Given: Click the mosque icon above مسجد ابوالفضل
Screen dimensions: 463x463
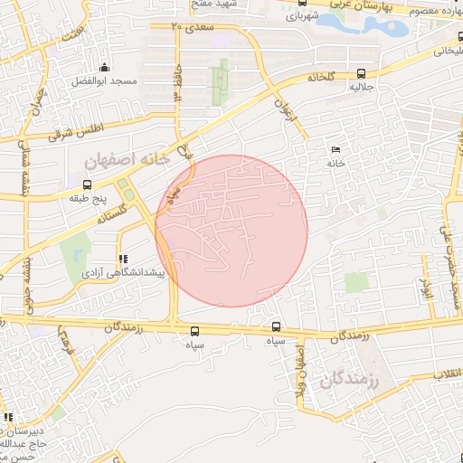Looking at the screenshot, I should [106, 67].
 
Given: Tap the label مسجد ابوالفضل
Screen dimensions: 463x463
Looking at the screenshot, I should [107, 81].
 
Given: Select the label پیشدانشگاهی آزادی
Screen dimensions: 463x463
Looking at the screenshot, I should [122, 271].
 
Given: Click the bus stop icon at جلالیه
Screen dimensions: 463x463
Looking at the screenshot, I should [362, 74].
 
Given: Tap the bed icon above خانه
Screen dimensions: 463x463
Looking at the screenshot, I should [336, 150].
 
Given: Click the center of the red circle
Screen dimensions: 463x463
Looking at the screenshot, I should [231, 231].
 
